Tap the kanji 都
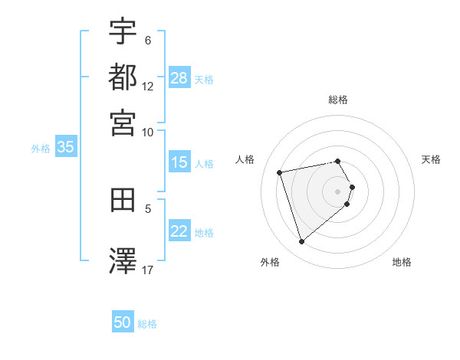pos(123,77)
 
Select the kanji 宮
pos(123,122)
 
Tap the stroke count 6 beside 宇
pos(148,41)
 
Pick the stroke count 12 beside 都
pos(148,87)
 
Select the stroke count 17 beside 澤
pos(148,270)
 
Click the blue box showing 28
pos(179,78)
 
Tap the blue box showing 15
pos(179,162)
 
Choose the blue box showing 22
pos(179,231)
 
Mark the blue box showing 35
pos(65,147)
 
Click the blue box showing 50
pos(123,322)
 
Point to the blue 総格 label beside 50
pos(148,324)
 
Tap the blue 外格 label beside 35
pos(41,149)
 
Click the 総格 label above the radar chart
pos(338,100)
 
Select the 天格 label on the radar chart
pos(432,159)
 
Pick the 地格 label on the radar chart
pos(402,263)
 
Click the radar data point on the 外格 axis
pos(301,242)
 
